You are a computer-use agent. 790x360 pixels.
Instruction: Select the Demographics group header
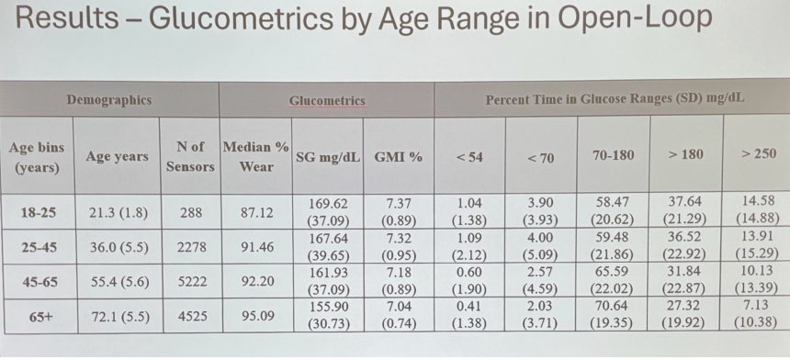[108, 100]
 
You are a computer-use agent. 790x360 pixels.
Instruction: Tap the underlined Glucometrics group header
[327, 101]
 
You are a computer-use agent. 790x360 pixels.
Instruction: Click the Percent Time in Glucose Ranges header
[615, 100]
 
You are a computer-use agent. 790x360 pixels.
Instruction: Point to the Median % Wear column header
[256, 157]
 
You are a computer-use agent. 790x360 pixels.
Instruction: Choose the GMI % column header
[398, 157]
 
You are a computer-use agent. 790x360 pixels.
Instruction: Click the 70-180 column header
[613, 154]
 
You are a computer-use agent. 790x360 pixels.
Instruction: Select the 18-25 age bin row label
[39, 213]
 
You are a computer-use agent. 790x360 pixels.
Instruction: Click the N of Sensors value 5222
[191, 281]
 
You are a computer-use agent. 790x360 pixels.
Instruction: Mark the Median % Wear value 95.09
[257, 316]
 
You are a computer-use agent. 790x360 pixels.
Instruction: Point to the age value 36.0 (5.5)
[119, 248]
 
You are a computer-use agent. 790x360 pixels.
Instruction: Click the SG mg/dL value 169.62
[329, 204]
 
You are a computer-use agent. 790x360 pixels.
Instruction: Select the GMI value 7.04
[399, 307]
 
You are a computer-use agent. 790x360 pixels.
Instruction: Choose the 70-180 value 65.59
[612, 273]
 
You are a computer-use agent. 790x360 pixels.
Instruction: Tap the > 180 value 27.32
[684, 306]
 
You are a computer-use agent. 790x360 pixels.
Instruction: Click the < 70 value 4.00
[539, 238]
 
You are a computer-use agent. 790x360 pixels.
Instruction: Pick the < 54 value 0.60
[468, 273]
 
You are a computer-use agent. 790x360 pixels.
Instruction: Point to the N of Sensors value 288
[191, 213]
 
